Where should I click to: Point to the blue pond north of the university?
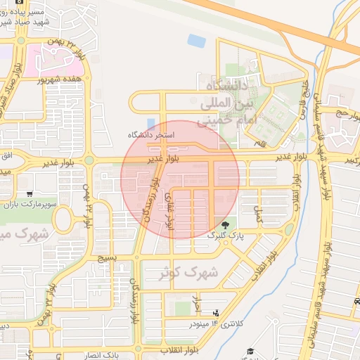point(197,41)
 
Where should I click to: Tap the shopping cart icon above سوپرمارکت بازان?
point(29,193)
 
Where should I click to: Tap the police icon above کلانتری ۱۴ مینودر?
point(216,313)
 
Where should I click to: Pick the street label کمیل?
point(261,216)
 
